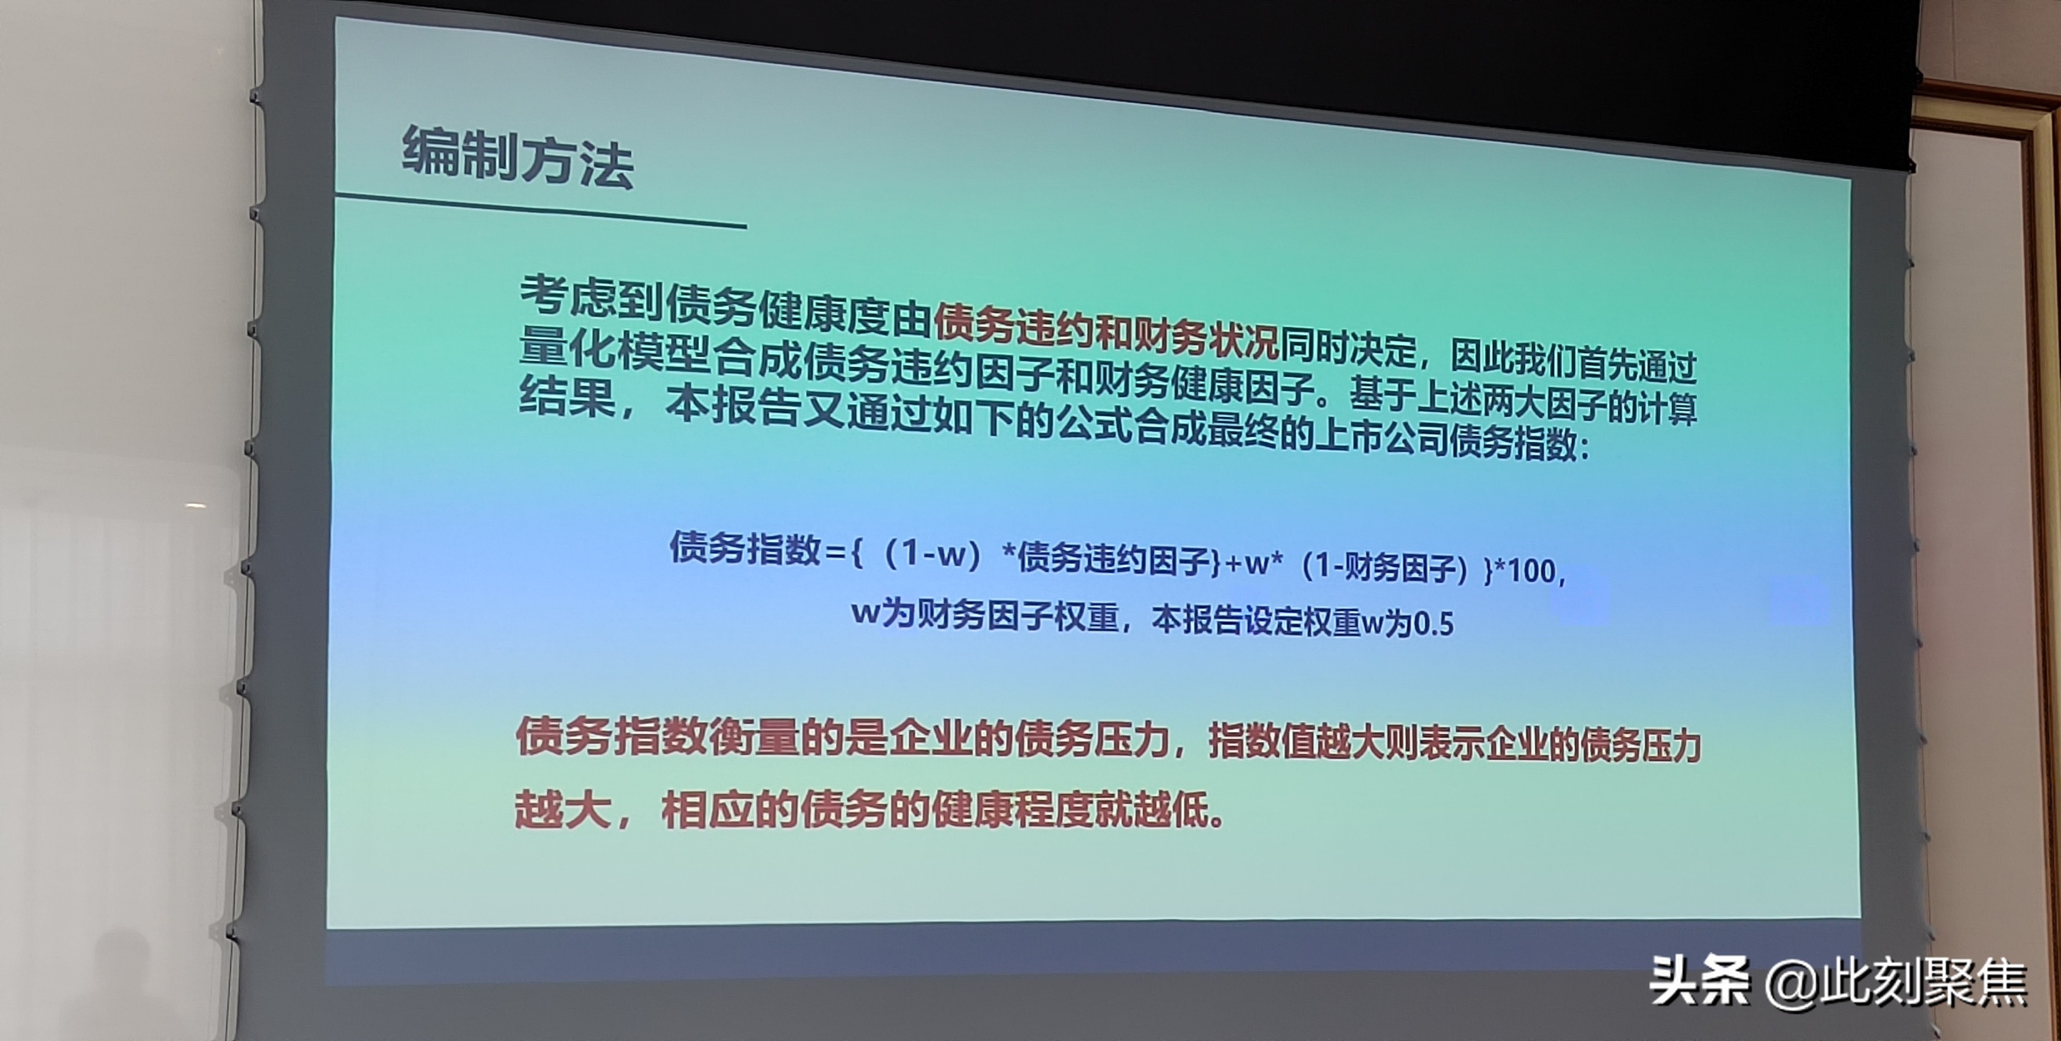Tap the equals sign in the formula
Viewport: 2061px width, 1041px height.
834,552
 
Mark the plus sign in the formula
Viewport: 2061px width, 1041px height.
1233,563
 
